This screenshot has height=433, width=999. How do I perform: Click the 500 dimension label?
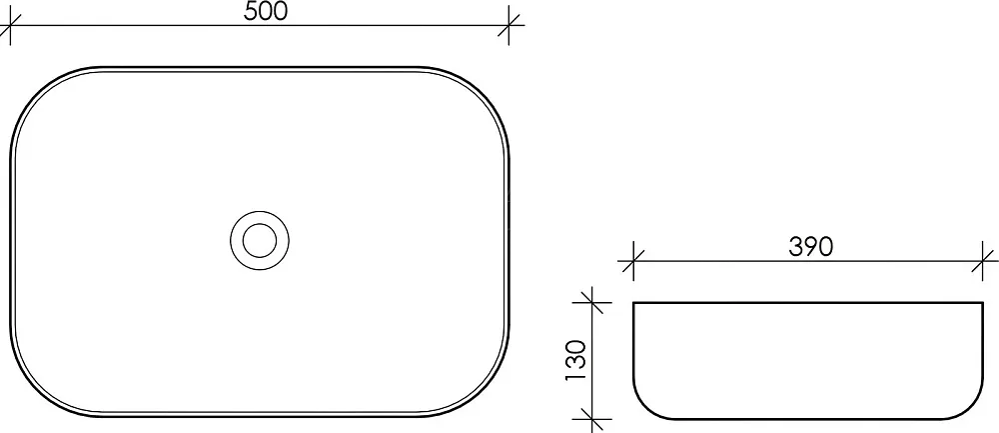pos(266,11)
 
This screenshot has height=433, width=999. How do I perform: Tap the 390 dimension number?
pos(810,247)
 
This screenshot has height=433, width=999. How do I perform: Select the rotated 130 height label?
pos(575,361)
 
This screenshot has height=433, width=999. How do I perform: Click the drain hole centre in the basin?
pos(260,240)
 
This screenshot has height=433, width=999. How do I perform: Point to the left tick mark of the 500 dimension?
pos(10,26)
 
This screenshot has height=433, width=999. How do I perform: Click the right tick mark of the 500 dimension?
pos(508,26)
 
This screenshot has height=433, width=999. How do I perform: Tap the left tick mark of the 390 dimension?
pos(633,261)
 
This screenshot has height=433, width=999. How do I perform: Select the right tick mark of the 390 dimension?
pos(983,261)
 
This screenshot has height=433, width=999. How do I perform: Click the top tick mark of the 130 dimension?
pos(592,302)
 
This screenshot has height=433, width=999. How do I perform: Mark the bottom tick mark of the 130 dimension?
pos(592,420)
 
